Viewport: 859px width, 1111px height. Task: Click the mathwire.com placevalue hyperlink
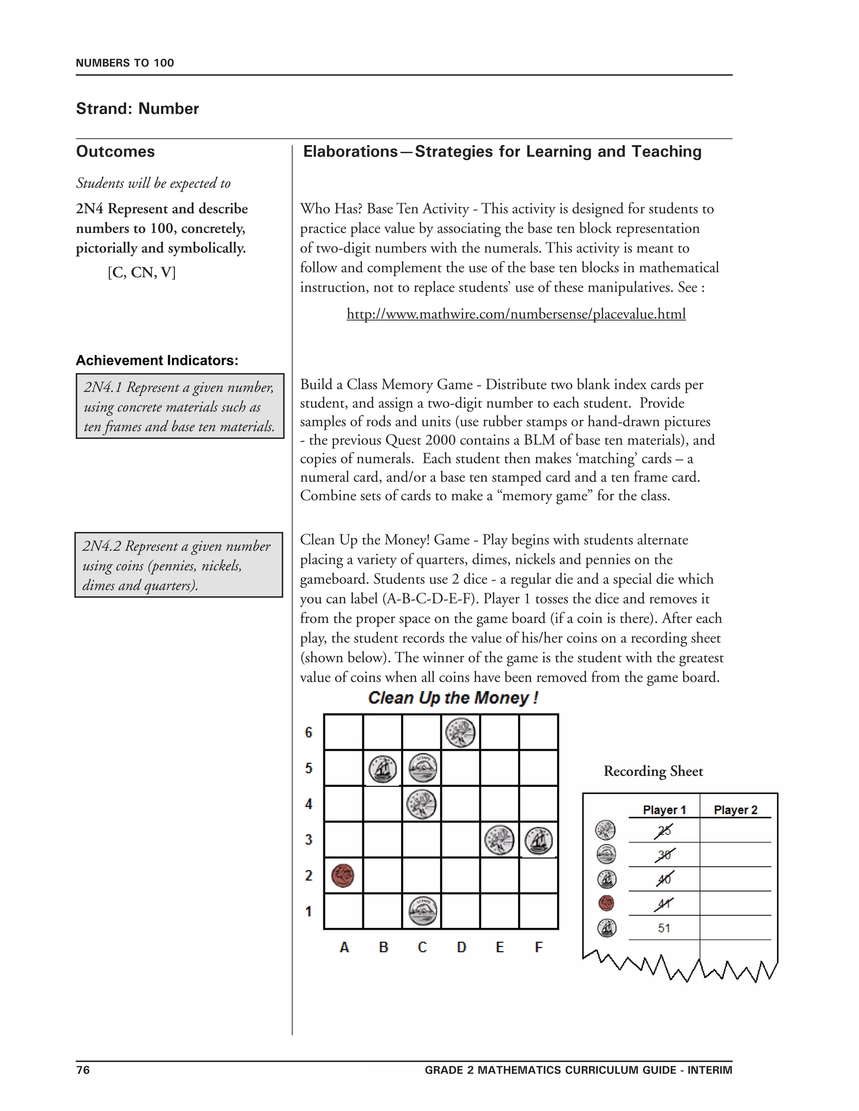tap(515, 314)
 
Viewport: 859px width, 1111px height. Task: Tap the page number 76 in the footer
tap(83, 1070)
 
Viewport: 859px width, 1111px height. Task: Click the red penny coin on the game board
tap(343, 875)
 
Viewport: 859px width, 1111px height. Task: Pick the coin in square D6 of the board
tap(460, 732)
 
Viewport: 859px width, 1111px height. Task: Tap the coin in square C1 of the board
tap(422, 911)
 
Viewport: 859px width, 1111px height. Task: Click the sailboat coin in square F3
tap(539, 840)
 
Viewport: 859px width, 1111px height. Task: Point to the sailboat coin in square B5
tap(383, 768)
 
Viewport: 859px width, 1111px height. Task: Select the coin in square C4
tap(422, 804)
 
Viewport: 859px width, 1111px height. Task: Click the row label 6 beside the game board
tap(308, 732)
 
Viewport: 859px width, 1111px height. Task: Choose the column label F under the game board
tap(539, 947)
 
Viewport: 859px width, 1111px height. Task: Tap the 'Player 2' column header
tap(735, 810)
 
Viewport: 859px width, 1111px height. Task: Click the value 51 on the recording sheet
tap(664, 928)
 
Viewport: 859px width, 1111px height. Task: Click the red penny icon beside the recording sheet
tap(606, 903)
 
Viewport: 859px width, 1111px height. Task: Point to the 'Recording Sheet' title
tap(653, 771)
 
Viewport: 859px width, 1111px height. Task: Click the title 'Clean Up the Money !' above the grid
tap(453, 698)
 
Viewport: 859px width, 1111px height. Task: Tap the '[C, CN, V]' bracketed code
tap(141, 273)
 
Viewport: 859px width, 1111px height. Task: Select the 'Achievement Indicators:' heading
tap(157, 360)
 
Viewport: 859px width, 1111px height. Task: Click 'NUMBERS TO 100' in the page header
tap(125, 63)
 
